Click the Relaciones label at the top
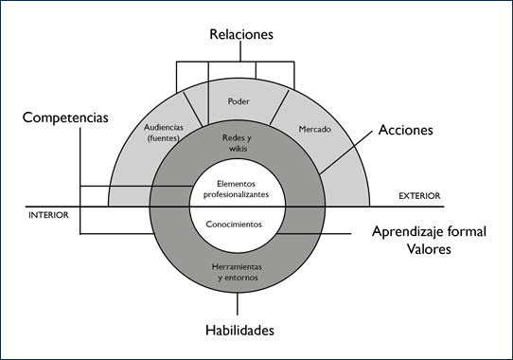point(240,34)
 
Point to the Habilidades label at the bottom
point(240,331)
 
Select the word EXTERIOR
point(418,196)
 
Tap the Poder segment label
point(239,100)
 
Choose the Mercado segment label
point(314,129)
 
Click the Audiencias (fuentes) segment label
point(167,134)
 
